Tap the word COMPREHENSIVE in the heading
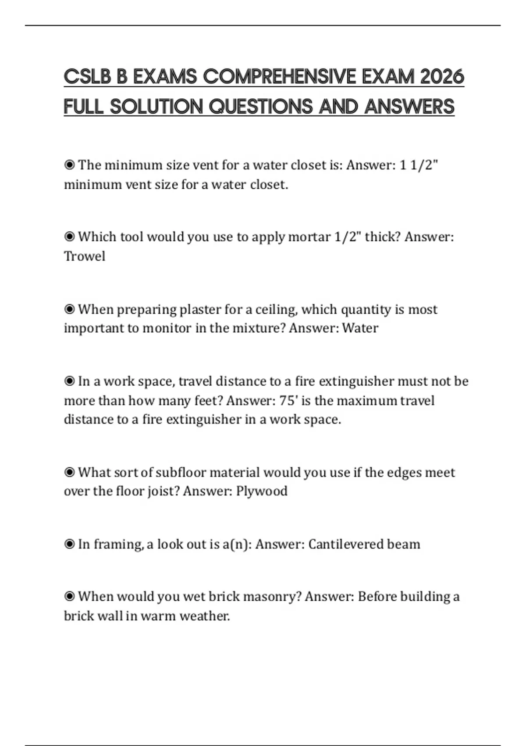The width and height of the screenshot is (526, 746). [x=280, y=77]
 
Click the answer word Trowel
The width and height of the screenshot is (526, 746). [x=85, y=256]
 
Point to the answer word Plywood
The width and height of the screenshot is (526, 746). [x=262, y=491]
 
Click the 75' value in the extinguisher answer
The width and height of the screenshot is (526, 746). [x=288, y=401]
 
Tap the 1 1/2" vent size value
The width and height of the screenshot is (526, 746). [x=419, y=165]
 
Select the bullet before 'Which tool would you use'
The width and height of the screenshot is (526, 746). [x=69, y=237]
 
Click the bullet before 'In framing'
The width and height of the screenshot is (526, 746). [x=69, y=545]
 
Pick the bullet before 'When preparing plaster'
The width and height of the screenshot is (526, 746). [x=69, y=310]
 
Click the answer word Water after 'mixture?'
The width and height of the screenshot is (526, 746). [x=360, y=328]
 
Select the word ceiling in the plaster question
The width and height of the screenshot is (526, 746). [x=276, y=310]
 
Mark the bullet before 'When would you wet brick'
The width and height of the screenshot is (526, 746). [x=69, y=597]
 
